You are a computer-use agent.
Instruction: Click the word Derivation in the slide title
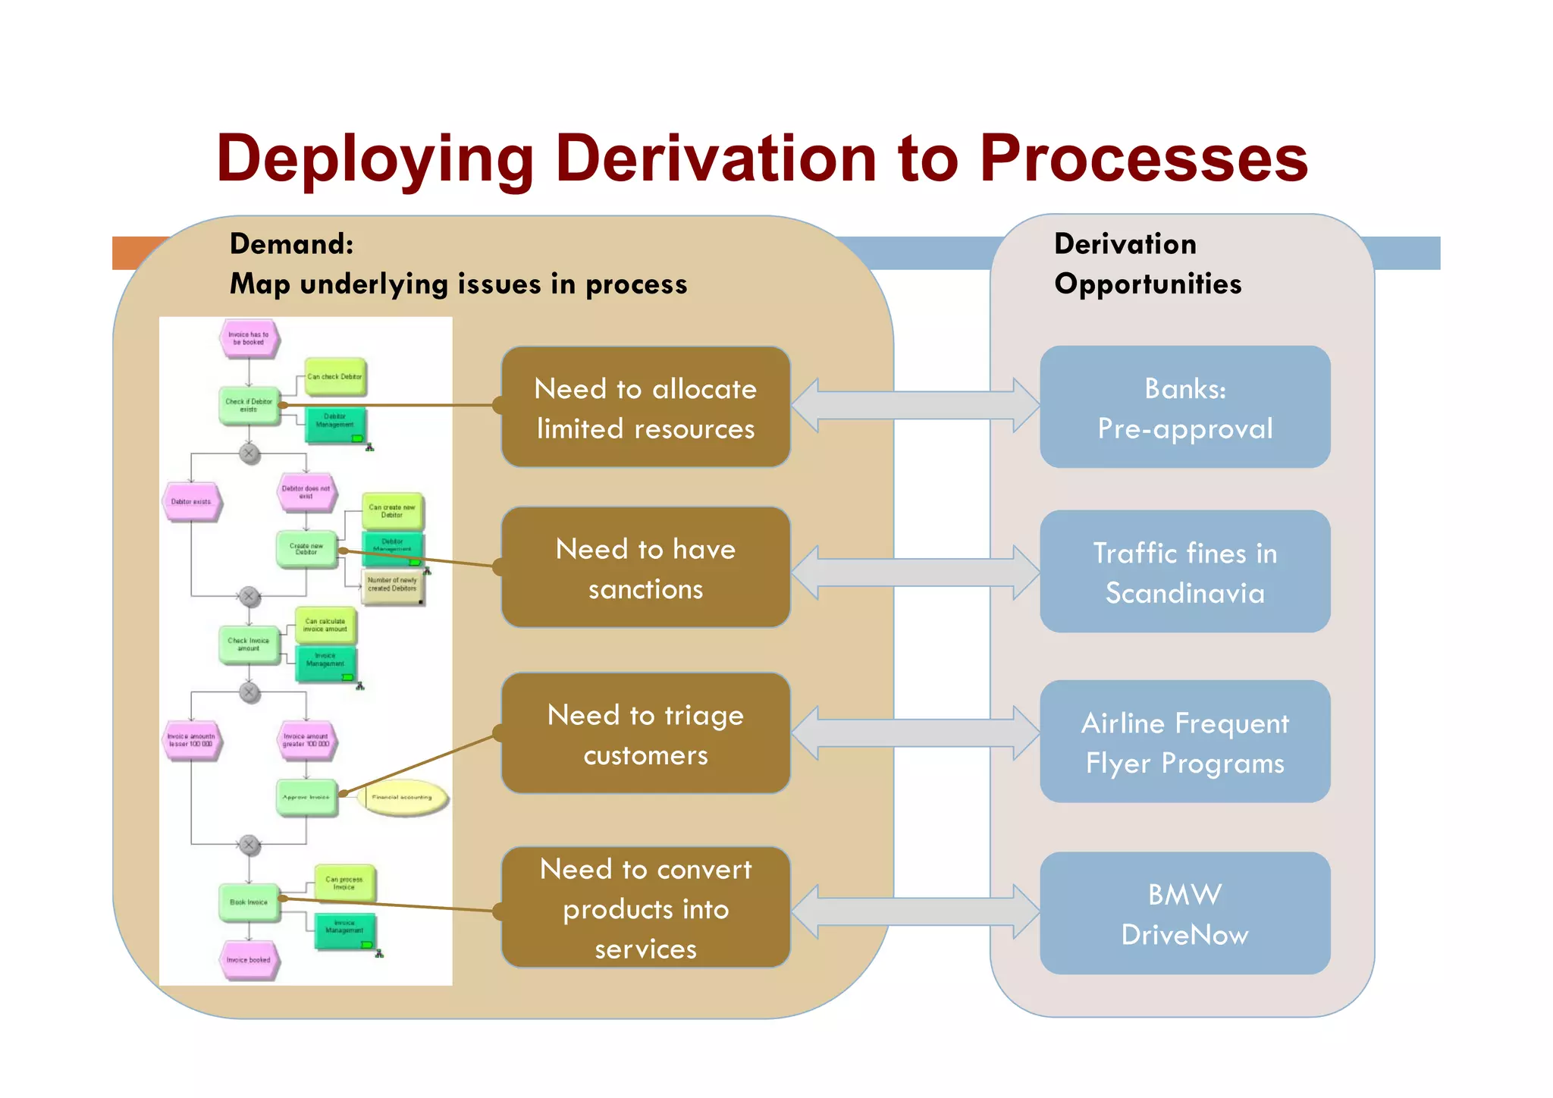click(716, 158)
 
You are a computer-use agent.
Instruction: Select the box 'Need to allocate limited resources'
click(645, 408)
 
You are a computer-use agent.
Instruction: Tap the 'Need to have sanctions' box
click(645, 568)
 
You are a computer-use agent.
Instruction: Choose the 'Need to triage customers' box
click(645, 734)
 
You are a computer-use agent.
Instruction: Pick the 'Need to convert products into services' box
click(645, 908)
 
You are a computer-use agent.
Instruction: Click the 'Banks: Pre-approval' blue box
click(1184, 408)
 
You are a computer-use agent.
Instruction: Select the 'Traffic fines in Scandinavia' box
click(1184, 573)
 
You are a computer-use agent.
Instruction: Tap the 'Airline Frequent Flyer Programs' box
click(1184, 742)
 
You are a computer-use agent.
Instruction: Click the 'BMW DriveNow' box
click(1184, 914)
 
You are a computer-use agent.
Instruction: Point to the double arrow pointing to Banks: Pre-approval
click(915, 406)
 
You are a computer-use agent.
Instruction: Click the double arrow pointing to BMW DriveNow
click(915, 912)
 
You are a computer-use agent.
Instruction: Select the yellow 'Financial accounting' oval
click(403, 798)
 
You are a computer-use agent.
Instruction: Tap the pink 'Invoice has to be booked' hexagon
click(249, 338)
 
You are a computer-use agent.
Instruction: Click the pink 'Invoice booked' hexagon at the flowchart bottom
click(249, 960)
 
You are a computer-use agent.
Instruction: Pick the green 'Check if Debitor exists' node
click(249, 406)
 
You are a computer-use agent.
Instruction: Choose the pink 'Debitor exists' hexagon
click(191, 502)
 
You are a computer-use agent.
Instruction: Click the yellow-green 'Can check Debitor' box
click(334, 377)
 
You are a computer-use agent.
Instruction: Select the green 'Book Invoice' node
click(249, 902)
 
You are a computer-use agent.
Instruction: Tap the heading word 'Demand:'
click(291, 244)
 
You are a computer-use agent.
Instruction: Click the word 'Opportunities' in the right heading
click(1147, 284)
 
